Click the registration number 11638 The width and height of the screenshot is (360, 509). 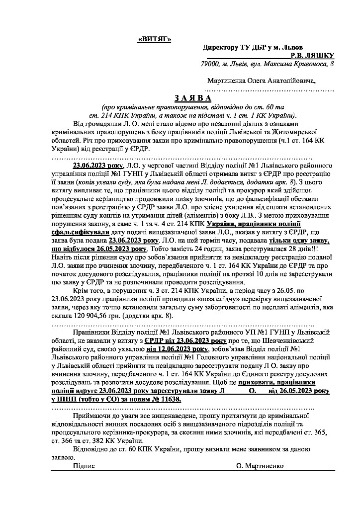pos(168,399)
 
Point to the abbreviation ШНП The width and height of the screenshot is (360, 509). pos(66,399)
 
